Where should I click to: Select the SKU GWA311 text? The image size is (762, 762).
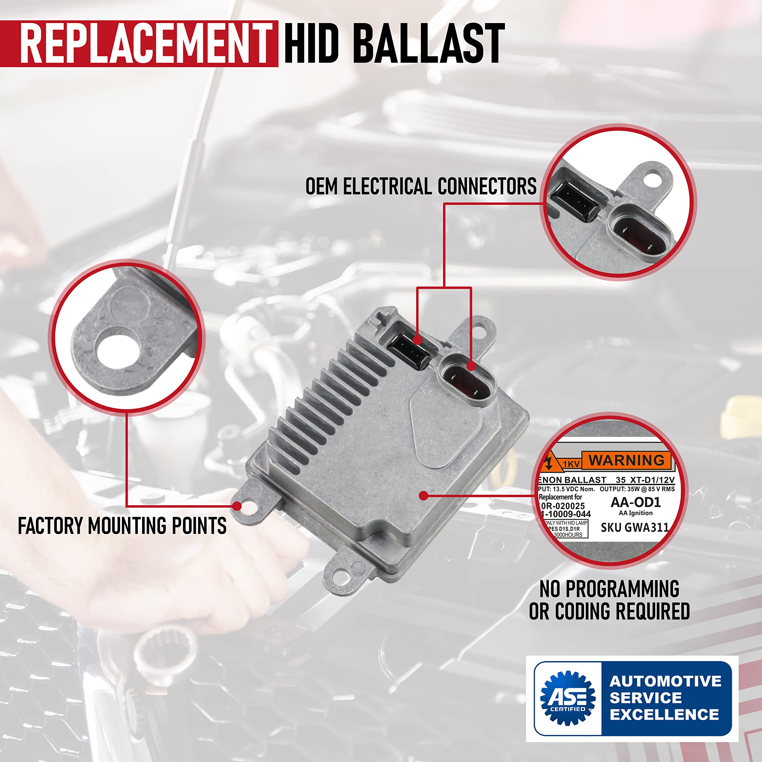(635, 527)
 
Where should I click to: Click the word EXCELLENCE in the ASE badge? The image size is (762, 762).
(665, 714)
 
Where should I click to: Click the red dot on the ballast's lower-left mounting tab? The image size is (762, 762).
(237, 506)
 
